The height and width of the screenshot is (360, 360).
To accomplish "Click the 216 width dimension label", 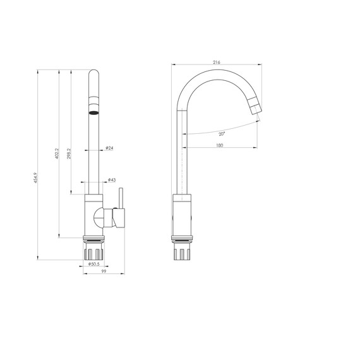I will tap(217, 63).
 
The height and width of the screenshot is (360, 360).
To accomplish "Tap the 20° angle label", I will tap(222, 135).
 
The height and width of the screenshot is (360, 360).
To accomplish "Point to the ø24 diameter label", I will tap(109, 148).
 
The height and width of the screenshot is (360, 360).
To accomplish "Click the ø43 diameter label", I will tap(111, 180).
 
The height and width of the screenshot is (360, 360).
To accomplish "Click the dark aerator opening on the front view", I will tap(93, 112).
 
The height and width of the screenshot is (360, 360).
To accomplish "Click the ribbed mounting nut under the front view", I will tap(93, 251).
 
